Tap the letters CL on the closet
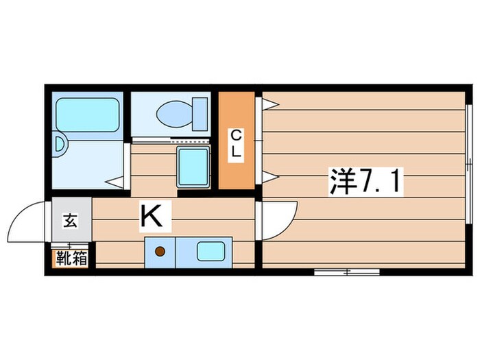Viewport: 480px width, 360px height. coord(236,143)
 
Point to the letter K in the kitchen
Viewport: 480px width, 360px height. coord(152,216)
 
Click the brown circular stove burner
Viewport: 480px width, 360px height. coord(160,251)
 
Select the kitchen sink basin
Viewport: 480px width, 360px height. coord(211,251)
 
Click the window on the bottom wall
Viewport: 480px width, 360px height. coord(347,272)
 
